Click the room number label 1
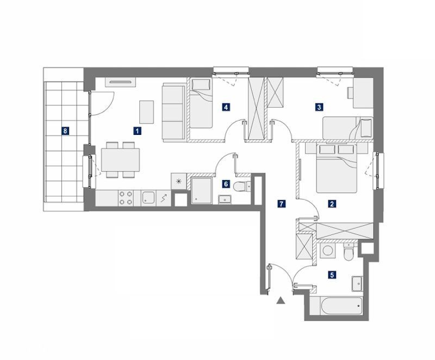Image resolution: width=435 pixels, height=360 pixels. [x=137, y=131]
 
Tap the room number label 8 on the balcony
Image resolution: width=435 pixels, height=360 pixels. [x=65, y=131]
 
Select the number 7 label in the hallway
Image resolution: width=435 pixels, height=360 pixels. [x=281, y=204]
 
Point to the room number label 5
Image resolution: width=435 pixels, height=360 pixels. [x=332, y=275]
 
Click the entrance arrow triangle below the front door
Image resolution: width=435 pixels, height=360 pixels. [x=281, y=300]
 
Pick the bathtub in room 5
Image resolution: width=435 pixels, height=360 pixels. [x=341, y=306]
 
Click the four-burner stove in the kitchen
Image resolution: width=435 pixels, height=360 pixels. [x=126, y=198]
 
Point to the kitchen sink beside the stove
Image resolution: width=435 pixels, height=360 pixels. [x=148, y=198]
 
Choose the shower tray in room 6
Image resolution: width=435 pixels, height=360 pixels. [x=201, y=191]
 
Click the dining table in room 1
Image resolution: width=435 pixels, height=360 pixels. [x=120, y=160]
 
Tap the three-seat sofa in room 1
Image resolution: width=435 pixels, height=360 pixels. [x=173, y=113]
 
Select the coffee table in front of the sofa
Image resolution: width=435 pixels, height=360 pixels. [x=146, y=112]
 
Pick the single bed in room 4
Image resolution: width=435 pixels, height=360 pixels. [x=201, y=103]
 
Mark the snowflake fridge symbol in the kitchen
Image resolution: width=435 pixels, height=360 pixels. [x=179, y=182]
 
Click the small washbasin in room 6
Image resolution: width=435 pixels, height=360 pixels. [x=225, y=199]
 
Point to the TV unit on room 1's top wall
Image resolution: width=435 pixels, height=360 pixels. [x=120, y=82]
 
